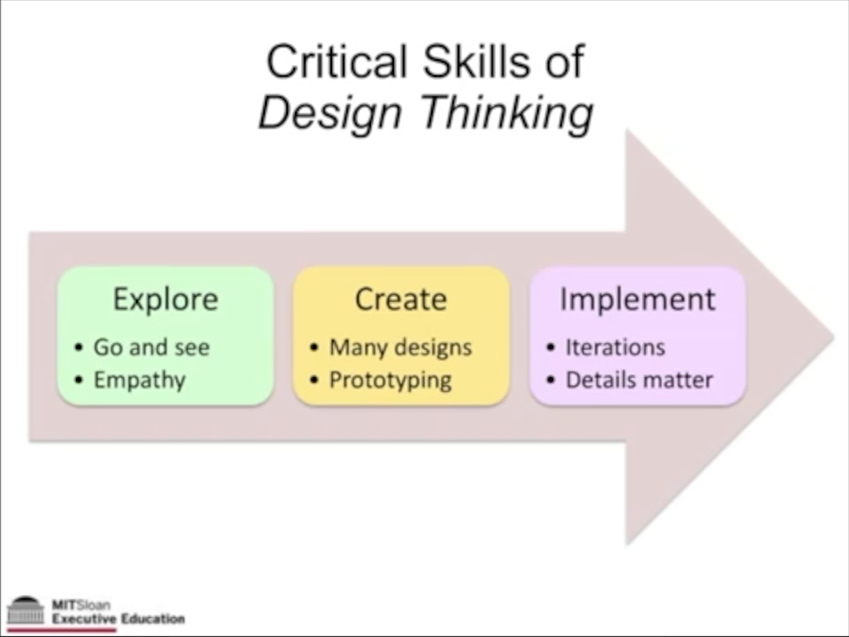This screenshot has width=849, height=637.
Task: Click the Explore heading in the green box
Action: coord(165,300)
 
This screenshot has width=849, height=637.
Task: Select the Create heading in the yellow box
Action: coord(400,300)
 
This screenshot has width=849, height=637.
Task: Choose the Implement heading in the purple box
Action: coord(637,300)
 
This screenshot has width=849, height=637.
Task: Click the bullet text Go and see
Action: coord(151,347)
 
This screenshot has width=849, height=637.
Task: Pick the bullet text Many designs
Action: coord(400,347)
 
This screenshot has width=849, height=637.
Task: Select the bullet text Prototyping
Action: coord(390,381)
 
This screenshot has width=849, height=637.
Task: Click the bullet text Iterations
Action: coord(615,347)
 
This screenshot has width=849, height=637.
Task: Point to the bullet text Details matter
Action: coord(639,381)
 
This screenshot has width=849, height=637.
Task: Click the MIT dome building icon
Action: coord(25,611)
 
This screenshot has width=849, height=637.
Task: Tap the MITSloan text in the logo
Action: coord(81,605)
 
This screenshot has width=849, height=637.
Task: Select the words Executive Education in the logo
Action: coord(118,618)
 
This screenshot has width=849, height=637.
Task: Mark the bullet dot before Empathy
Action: coord(79,381)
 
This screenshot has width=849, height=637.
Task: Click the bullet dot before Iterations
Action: coord(550,347)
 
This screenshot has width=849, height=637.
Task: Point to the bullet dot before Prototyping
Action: coord(315,381)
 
